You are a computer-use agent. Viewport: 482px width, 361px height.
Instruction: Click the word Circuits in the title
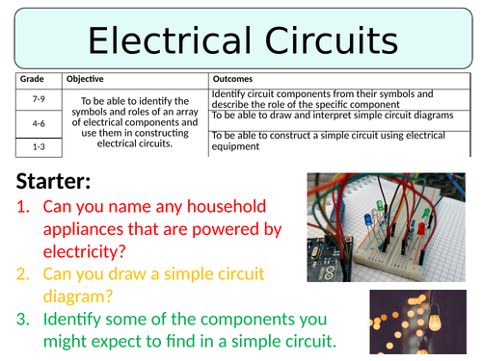coord(325,41)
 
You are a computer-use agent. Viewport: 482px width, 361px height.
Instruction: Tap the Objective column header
coord(85,79)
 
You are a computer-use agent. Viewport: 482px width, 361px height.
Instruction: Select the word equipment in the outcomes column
coord(235,147)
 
